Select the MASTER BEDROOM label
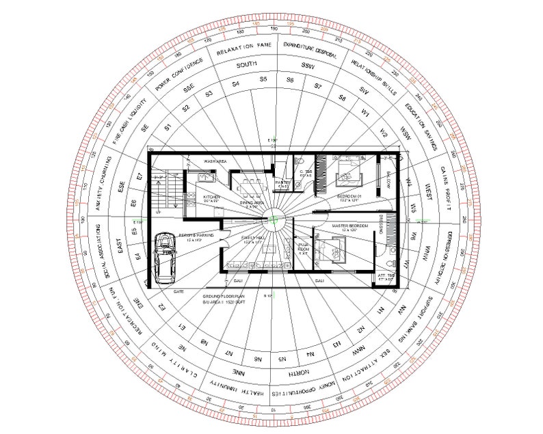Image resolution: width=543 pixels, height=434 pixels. click(x=350, y=226)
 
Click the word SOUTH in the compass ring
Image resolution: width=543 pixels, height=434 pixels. click(x=246, y=66)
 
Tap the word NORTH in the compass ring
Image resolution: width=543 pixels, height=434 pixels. click(x=299, y=373)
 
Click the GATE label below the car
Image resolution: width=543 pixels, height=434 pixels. click(x=179, y=291)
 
